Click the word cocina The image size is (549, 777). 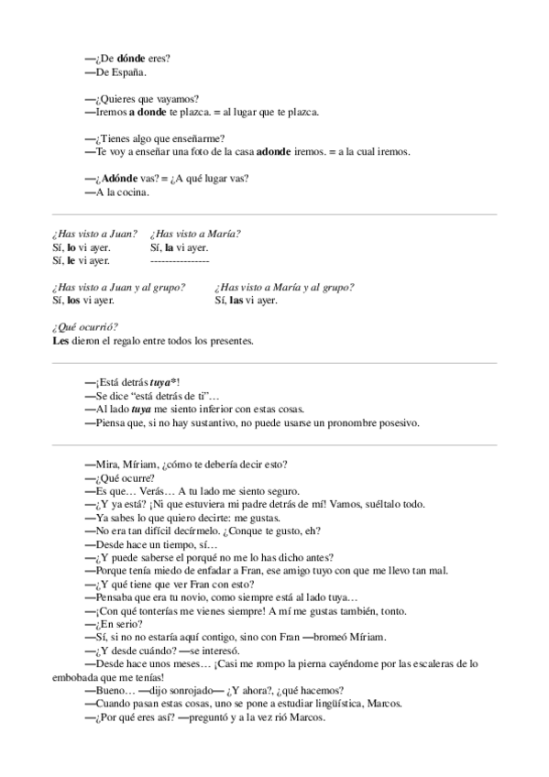pyautogui.click(x=131, y=192)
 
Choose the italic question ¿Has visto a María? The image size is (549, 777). pyautogui.click(x=195, y=234)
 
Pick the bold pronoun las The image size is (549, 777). pyautogui.click(x=236, y=300)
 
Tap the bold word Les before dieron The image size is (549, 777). pyautogui.click(x=63, y=341)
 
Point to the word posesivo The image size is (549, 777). pyautogui.click(x=398, y=422)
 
